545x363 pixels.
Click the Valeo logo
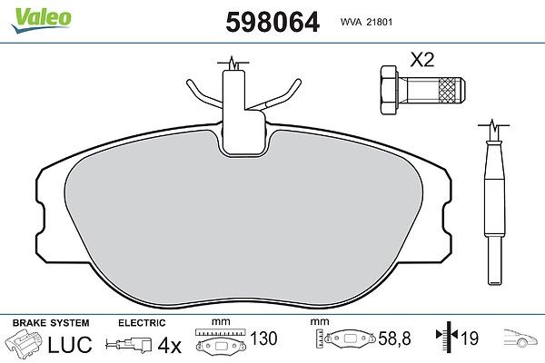(x=42, y=20)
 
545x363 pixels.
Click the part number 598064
(x=272, y=22)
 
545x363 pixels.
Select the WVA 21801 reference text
(x=366, y=22)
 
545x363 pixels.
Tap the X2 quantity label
(x=422, y=60)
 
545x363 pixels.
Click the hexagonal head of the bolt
(x=389, y=90)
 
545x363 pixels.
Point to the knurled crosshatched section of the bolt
(x=449, y=91)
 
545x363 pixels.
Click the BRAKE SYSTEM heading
(x=51, y=323)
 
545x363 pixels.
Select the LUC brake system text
(x=70, y=344)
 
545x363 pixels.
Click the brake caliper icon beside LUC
(x=24, y=342)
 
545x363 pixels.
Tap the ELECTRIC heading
(x=142, y=323)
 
